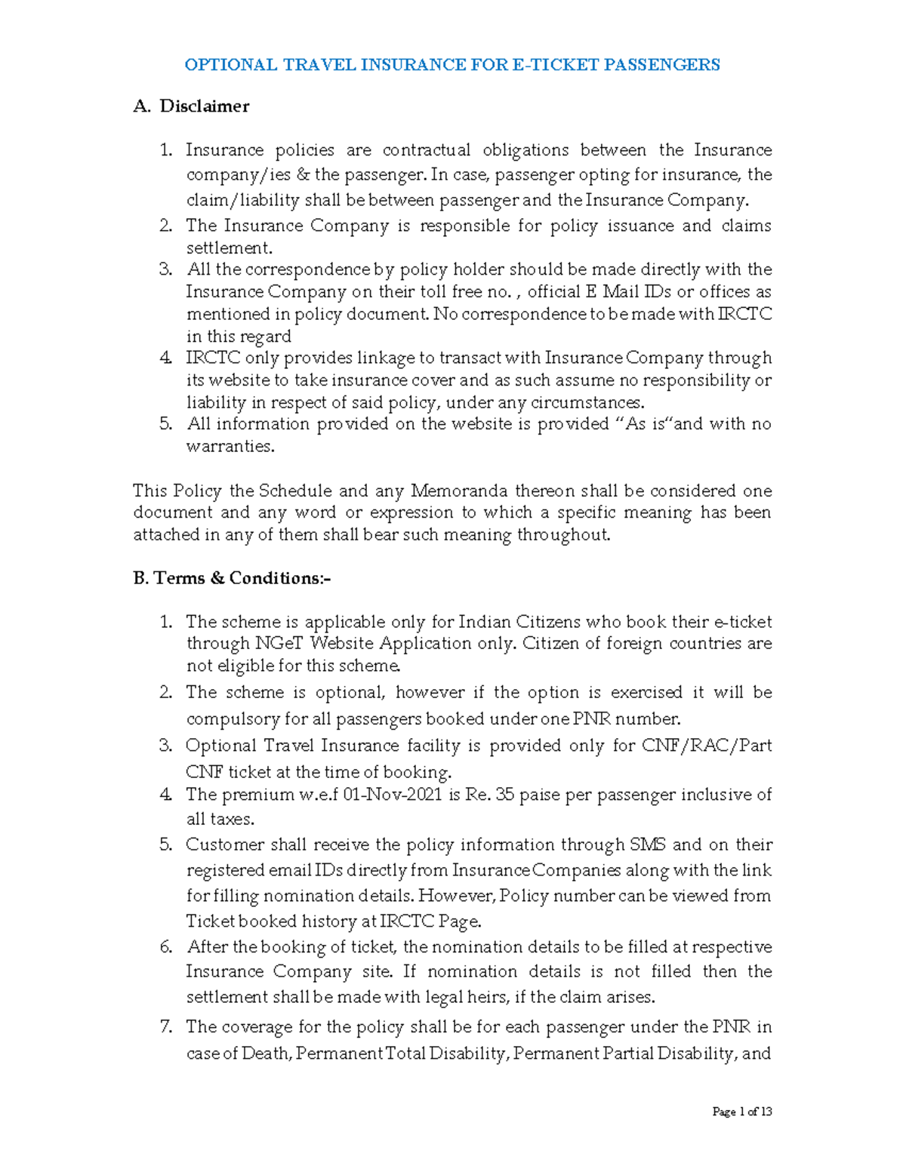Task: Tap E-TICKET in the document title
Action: pyautogui.click(x=547, y=65)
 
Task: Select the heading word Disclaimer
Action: pyautogui.click(x=204, y=106)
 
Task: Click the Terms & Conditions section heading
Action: pyautogui.click(x=232, y=578)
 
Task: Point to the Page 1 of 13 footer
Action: pyautogui.click(x=741, y=1112)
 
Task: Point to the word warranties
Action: pyautogui.click(x=230, y=446)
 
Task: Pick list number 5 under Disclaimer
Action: pyautogui.click(x=165, y=424)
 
